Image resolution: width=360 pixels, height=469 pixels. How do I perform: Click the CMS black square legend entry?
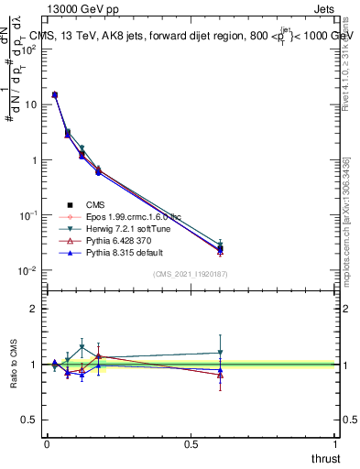point(95,204)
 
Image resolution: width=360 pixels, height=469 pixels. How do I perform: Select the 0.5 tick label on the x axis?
point(191,444)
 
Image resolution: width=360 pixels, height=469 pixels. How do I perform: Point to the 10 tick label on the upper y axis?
point(28,104)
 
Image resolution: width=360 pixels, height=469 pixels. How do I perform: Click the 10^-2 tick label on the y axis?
point(27,270)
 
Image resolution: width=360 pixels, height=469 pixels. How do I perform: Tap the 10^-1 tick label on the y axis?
point(27,215)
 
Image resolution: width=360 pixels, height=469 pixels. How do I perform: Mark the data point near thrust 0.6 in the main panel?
point(220,248)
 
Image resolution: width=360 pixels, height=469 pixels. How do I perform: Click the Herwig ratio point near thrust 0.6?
point(220,353)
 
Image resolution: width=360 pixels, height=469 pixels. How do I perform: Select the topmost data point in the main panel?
point(55,94)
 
